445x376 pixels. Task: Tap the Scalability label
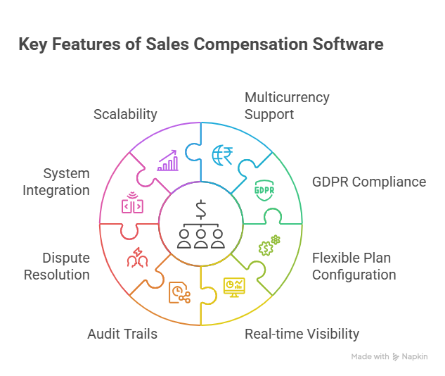[x=125, y=113]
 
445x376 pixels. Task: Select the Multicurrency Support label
[x=287, y=105]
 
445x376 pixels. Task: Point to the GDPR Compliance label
[x=369, y=182]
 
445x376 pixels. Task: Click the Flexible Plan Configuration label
[x=354, y=266]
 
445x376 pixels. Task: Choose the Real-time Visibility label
[x=302, y=333]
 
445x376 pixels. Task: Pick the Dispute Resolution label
[x=56, y=266]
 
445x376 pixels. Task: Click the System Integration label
[x=56, y=182]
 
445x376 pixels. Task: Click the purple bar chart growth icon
[x=167, y=161]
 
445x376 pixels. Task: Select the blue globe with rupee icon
[x=222, y=154]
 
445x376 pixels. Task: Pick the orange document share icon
[x=179, y=293]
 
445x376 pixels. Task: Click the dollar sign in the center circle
[x=201, y=211]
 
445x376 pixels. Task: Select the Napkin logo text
[x=415, y=357]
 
